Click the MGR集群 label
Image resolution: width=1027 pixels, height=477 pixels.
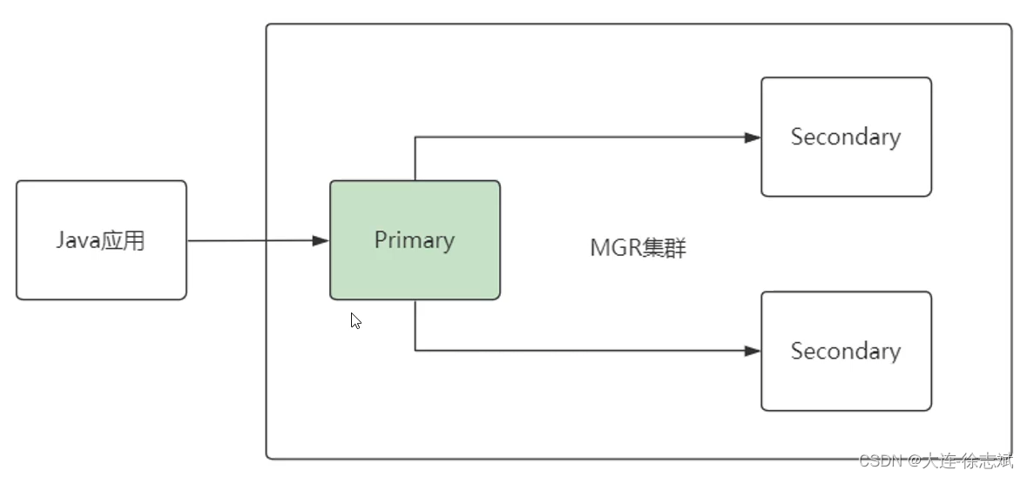[638, 248]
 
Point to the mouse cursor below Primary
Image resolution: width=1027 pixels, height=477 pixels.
[355, 320]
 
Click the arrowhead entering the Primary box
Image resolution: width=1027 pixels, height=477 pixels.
[321, 240]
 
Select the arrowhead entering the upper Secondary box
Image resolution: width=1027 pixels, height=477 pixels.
[753, 137]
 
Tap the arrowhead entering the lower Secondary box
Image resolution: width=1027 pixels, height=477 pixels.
[753, 351]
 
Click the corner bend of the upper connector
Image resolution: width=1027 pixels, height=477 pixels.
[415, 137]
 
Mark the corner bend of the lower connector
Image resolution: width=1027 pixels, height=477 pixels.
[415, 351]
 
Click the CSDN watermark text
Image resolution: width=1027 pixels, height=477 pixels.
[936, 460]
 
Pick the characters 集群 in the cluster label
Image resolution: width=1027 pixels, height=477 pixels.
[665, 248]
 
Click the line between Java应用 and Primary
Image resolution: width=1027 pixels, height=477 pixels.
[253, 240]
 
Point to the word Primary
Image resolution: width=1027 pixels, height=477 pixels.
[415, 240]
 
